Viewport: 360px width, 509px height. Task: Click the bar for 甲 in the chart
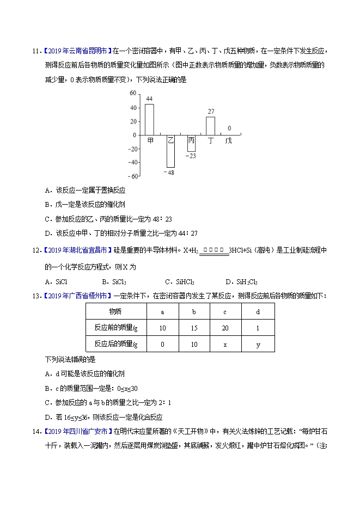click(x=149, y=119)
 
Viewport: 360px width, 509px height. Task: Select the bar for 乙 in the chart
click(x=170, y=151)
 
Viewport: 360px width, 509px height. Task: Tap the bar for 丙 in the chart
click(x=191, y=143)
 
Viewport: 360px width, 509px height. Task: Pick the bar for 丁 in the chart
click(x=210, y=126)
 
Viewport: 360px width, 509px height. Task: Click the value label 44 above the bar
click(x=149, y=99)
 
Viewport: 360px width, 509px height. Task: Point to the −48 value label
click(x=169, y=172)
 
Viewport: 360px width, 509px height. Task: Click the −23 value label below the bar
click(x=190, y=156)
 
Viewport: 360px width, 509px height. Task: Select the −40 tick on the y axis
click(x=131, y=162)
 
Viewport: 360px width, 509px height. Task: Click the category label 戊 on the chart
click(x=229, y=140)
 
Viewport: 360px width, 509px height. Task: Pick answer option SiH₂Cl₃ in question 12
click(x=241, y=281)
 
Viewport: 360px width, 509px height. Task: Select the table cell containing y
click(x=258, y=344)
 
